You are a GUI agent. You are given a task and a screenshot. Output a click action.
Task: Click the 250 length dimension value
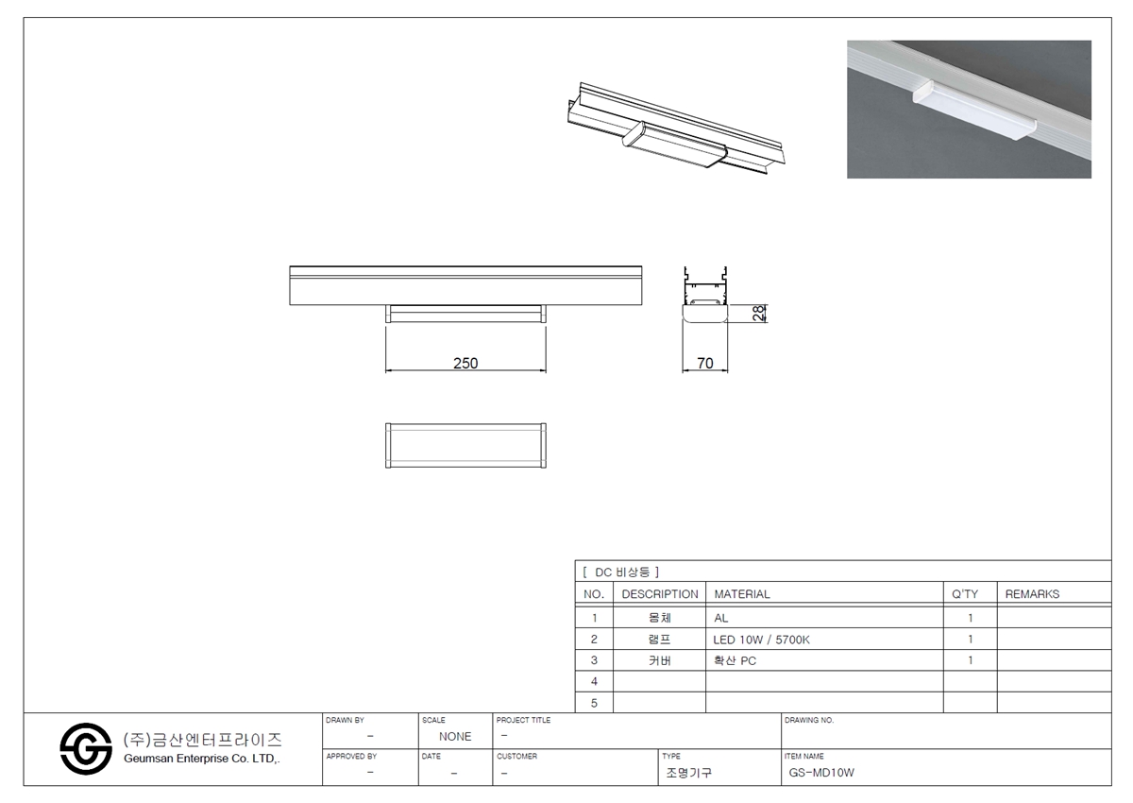point(465,363)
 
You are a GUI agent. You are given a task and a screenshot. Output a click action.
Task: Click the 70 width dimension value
point(704,363)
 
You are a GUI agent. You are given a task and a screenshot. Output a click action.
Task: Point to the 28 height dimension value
point(759,314)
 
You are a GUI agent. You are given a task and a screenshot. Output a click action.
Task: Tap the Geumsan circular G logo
point(86,748)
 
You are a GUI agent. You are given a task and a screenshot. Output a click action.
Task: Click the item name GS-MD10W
point(821,772)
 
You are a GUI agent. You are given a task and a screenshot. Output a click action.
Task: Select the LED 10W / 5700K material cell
point(761,640)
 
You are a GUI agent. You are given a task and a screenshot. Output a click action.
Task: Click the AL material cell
point(720,618)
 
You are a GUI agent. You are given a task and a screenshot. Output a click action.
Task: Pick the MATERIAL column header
point(742,593)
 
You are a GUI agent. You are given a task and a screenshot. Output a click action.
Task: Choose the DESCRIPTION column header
point(660,593)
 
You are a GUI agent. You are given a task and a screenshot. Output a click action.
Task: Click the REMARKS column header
point(1032,593)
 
